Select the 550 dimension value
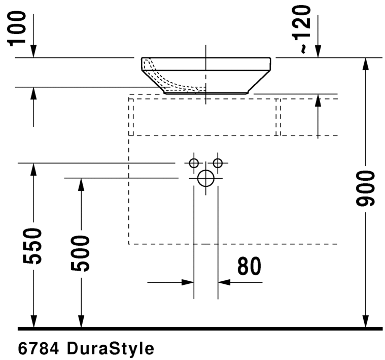tap(33, 246)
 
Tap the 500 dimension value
tap(80, 253)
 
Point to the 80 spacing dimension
tap(249, 266)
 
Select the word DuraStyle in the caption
tap(110, 349)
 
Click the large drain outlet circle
tap(205, 178)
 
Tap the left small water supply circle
tap(193, 163)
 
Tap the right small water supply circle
tap(218, 163)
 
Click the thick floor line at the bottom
tap(200, 329)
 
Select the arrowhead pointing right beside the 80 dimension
tap(188, 282)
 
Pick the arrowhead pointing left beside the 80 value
tap(224, 282)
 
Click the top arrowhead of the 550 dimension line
tap(33, 170)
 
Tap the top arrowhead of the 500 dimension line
tap(80, 185)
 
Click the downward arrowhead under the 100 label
tap(33, 51)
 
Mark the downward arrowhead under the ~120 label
tap(318, 51)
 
